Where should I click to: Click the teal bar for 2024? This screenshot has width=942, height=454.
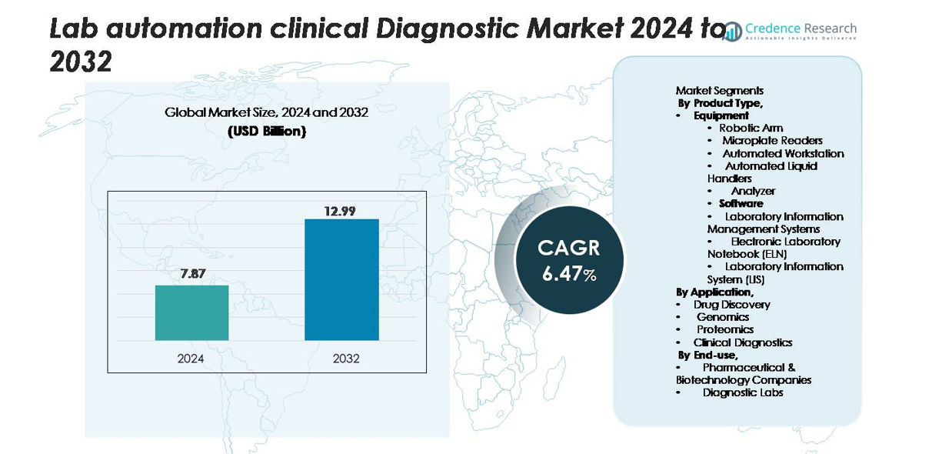coord(191,312)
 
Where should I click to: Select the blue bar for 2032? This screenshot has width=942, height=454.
coord(341,279)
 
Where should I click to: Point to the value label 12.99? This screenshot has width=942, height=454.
coord(339,210)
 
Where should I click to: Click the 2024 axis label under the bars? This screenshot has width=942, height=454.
coord(191,359)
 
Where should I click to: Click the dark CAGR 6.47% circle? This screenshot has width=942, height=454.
coord(568,260)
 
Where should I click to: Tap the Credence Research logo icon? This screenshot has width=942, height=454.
coord(733,31)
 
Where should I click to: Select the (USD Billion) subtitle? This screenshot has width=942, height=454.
coord(267,131)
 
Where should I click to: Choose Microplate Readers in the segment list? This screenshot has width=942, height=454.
coord(772,140)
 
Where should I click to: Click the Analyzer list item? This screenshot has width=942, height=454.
coord(753,191)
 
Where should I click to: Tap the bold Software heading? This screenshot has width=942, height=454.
coord(741,203)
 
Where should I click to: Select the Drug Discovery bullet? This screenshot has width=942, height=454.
coord(731,304)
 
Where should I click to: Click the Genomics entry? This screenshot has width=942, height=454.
coord(722,316)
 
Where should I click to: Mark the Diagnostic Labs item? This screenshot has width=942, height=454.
coord(742,392)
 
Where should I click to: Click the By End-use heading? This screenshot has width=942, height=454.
coord(707,355)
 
